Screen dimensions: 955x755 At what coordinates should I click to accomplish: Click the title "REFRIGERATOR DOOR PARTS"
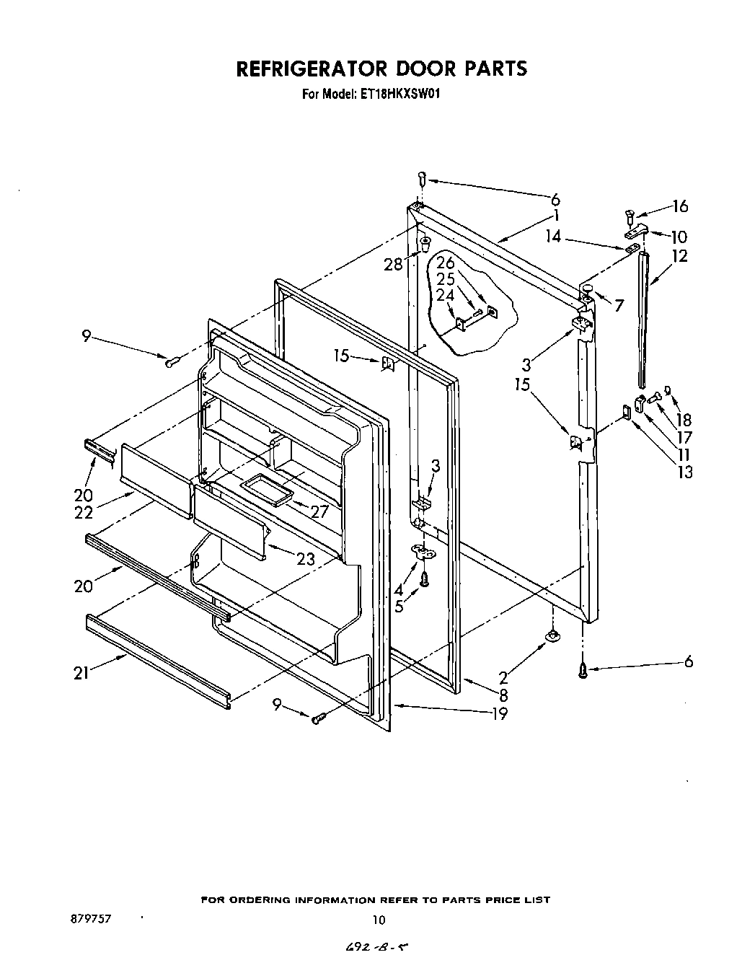coord(381,69)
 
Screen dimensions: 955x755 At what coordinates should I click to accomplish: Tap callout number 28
coord(393,265)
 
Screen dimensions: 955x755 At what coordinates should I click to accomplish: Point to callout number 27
coord(318,511)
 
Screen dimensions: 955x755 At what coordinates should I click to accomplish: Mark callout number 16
coord(680,206)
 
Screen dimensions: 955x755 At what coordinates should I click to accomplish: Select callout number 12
coord(679,255)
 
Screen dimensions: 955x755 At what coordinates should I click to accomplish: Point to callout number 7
coord(619,305)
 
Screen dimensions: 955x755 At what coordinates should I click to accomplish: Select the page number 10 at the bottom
coord(379,919)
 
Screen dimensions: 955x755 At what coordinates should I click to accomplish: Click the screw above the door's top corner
coord(423,178)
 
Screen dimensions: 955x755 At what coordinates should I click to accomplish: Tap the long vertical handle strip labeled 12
coord(642,317)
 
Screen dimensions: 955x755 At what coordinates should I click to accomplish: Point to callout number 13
coord(684,472)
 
